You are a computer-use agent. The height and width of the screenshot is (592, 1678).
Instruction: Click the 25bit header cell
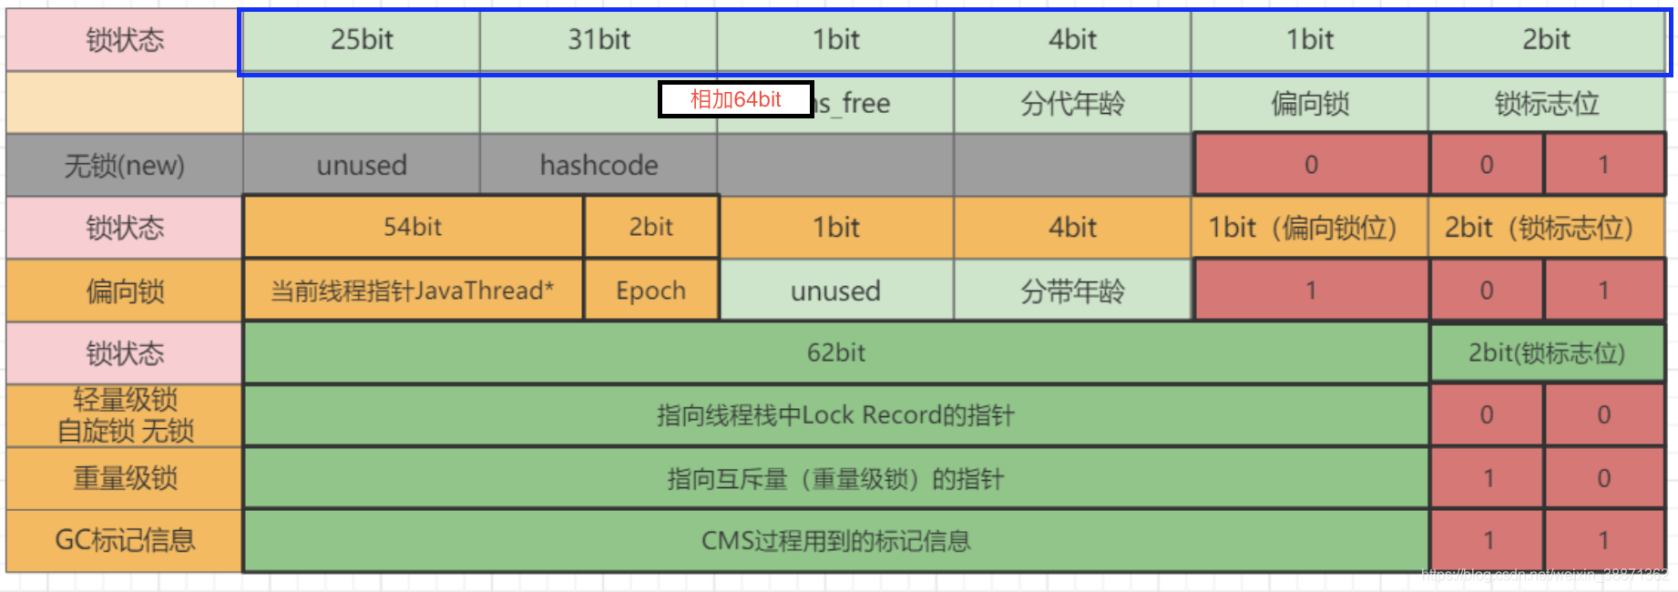coord(362,40)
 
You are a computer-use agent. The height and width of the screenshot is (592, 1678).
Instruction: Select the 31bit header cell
coord(599,40)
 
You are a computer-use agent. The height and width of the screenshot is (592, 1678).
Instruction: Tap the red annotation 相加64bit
coord(735,99)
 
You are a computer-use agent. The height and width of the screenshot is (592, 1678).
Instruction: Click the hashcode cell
coord(599,165)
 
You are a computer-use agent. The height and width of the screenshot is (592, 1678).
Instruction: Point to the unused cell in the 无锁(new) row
coord(362,165)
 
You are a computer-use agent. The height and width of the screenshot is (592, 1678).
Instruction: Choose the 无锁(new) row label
coord(125,165)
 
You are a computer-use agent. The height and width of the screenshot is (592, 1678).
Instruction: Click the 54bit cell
coord(413,227)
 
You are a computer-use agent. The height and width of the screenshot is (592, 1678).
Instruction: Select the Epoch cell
coord(650,291)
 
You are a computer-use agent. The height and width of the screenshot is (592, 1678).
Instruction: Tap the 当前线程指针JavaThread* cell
coord(413,291)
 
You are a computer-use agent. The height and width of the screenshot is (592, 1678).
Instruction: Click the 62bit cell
coord(835,352)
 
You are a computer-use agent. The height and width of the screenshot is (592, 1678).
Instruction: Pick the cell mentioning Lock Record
coord(835,415)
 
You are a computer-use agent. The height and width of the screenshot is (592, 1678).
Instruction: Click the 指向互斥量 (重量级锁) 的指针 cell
coord(835,478)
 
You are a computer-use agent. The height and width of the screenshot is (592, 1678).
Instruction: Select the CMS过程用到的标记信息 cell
coord(835,541)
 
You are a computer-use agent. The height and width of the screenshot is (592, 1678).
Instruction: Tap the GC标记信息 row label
coord(125,540)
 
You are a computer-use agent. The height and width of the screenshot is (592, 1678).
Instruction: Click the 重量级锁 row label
coord(125,478)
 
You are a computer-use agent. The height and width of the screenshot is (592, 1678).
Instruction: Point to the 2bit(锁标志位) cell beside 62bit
coord(1546,352)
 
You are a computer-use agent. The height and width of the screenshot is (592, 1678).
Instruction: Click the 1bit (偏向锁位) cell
coord(1309,227)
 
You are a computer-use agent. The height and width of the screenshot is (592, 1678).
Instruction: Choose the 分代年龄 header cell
coord(1072,104)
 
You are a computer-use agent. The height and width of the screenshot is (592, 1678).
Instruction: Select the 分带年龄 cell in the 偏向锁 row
coord(1072,291)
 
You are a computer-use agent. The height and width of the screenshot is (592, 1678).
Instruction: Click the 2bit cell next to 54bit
coord(650,227)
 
